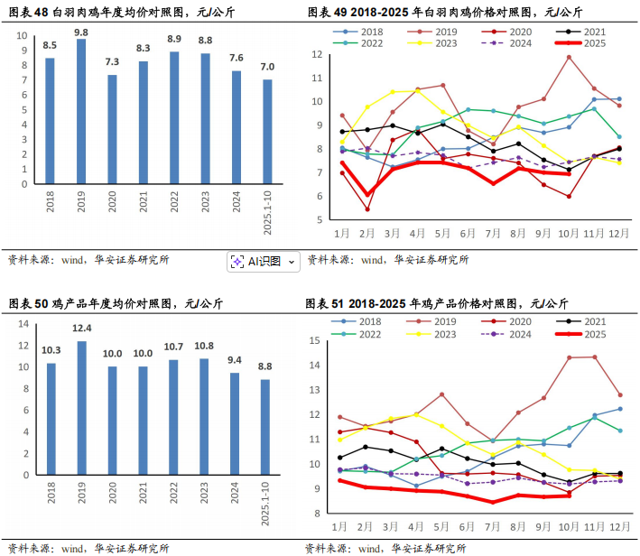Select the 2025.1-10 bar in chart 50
(266, 428)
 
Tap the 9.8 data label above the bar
(81, 32)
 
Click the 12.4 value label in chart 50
(81, 328)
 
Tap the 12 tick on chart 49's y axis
(316, 54)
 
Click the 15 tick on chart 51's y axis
(316, 340)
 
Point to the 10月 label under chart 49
(569, 233)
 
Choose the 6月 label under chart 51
(468, 525)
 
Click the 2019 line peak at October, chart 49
(569, 57)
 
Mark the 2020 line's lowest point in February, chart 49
(367, 209)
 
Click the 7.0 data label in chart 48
(266, 67)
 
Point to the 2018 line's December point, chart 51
(618, 409)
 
